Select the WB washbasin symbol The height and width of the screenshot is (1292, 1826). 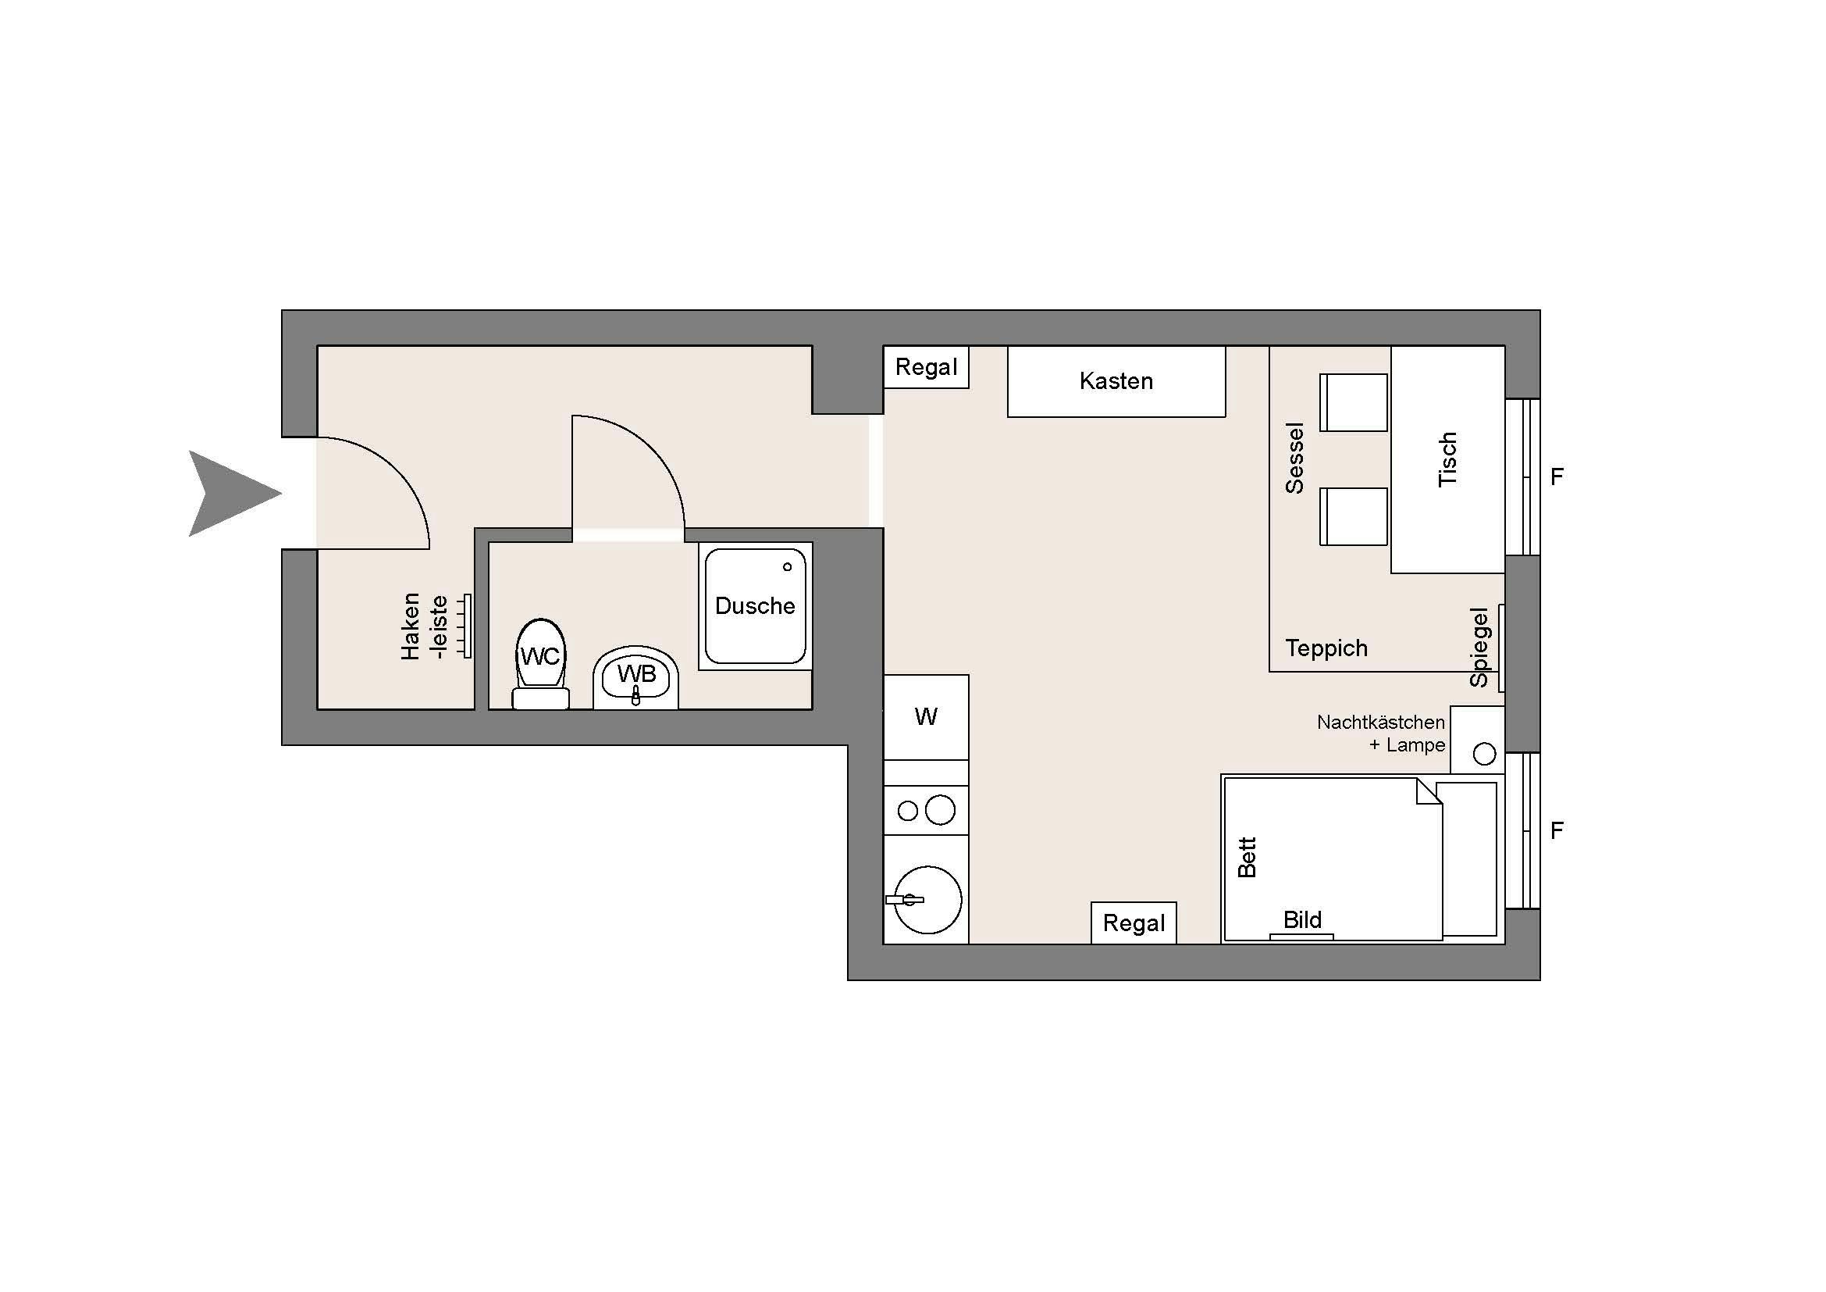(636, 678)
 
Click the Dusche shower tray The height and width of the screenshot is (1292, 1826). (755, 606)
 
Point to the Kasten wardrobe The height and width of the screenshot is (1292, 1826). (1116, 381)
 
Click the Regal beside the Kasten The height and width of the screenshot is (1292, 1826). (926, 368)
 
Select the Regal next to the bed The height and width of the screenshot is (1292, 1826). (1134, 923)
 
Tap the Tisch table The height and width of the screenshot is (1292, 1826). (1447, 460)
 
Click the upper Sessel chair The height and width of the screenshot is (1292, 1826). (1354, 402)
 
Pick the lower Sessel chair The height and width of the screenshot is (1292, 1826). (1354, 516)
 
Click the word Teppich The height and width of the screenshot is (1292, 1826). (1326, 648)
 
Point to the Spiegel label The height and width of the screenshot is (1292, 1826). (1479, 647)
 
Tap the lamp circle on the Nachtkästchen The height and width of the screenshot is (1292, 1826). (1484, 753)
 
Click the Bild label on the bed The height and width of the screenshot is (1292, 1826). (1302, 920)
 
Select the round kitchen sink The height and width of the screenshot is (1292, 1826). (927, 900)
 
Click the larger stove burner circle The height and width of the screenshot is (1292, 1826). (940, 810)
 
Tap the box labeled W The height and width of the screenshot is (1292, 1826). (926, 717)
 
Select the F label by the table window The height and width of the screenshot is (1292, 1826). (1557, 476)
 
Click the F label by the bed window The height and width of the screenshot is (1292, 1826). (1557, 830)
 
